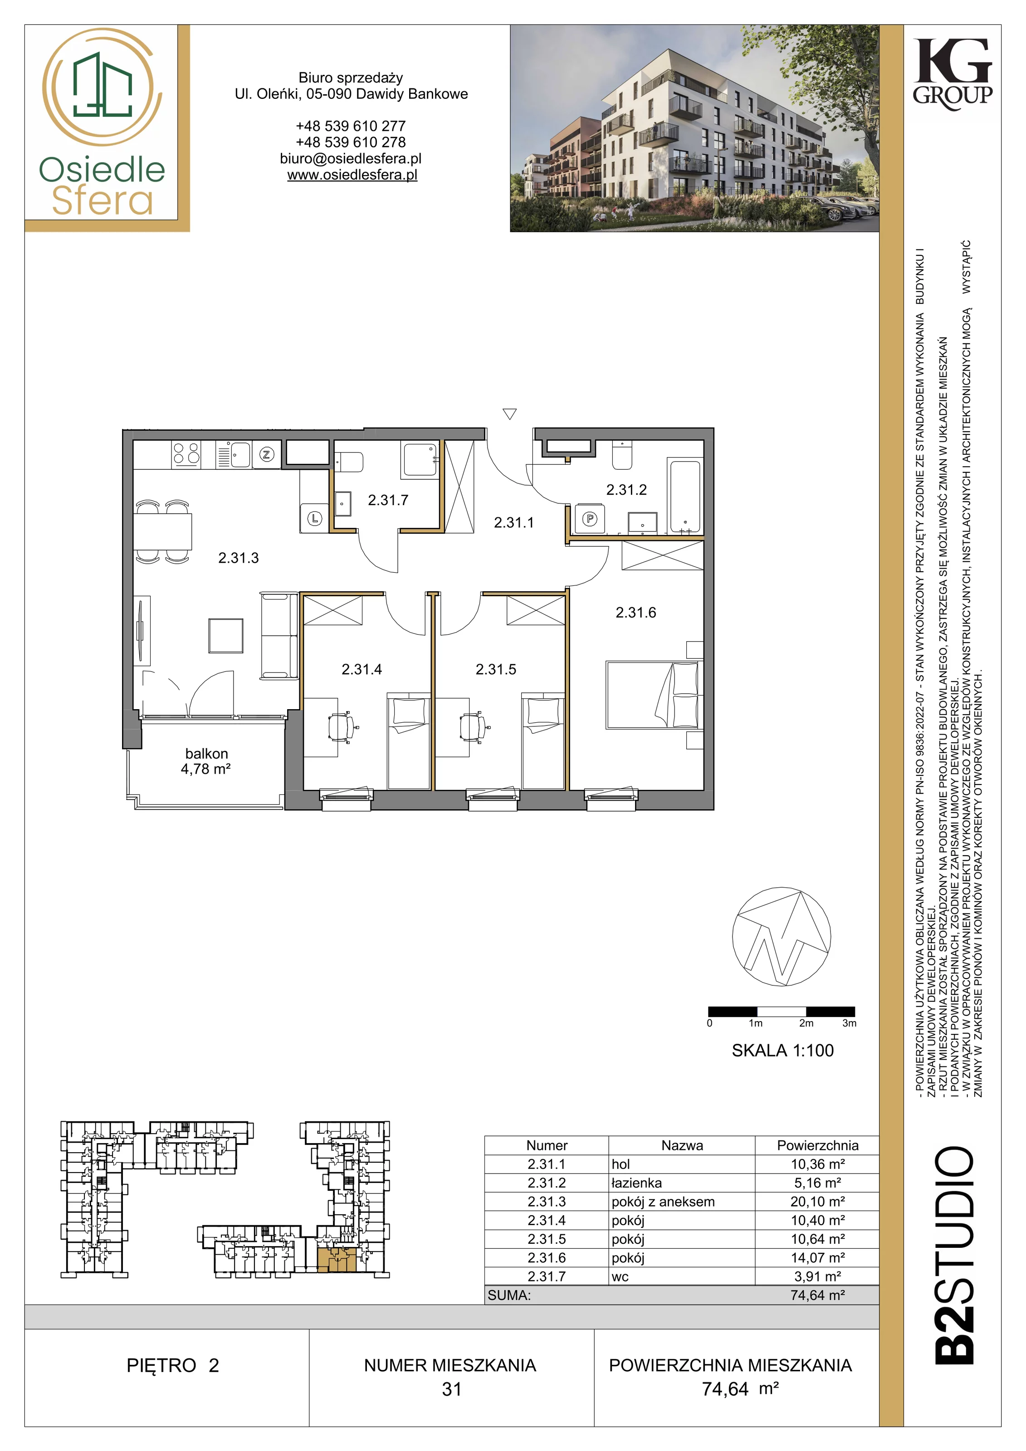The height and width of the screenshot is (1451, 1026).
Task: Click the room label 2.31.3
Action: pyautogui.click(x=238, y=558)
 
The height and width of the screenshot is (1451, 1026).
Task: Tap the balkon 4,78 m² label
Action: pyautogui.click(x=206, y=761)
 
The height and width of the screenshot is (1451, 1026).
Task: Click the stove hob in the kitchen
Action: pyautogui.click(x=186, y=454)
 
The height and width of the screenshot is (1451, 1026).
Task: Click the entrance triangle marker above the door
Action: pyautogui.click(x=509, y=414)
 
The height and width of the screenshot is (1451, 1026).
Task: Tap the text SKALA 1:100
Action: pyautogui.click(x=782, y=1050)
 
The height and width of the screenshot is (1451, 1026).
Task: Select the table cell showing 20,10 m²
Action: pyautogui.click(x=817, y=1201)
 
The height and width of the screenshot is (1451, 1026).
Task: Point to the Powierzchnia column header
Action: pyautogui.click(x=817, y=1145)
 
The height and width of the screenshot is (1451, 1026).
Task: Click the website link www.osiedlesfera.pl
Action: pyautogui.click(x=352, y=175)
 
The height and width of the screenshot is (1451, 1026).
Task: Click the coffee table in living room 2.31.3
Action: pyautogui.click(x=226, y=635)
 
